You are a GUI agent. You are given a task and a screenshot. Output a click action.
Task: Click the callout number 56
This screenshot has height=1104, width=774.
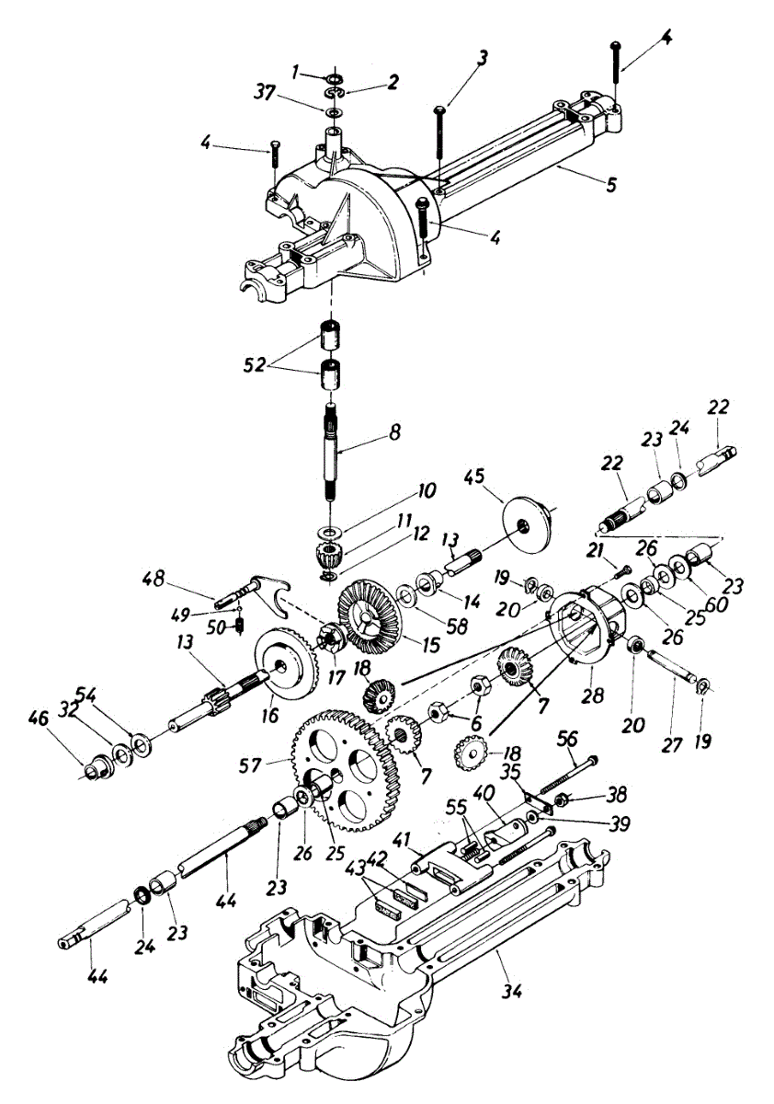point(568,739)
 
